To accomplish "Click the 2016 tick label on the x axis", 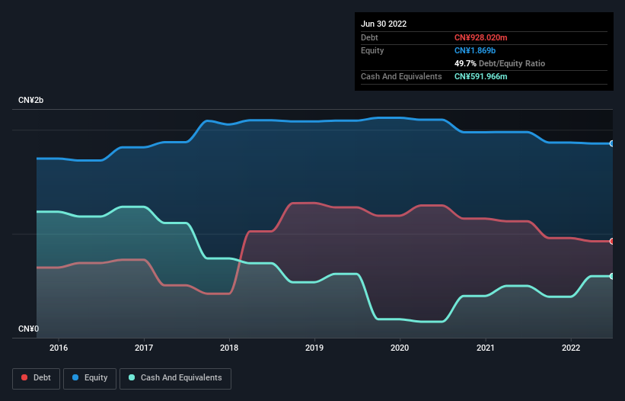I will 59,348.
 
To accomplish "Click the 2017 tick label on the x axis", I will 144,348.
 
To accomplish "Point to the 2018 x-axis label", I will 229,348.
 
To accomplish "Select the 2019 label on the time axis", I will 314,348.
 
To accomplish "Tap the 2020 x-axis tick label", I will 400,348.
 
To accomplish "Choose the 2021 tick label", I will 485,348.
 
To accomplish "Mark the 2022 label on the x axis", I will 570,348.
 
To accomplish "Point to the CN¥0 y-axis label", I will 29,329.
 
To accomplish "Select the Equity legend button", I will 91,378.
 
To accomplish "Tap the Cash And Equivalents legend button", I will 175,378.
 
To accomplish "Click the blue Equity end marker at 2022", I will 611,143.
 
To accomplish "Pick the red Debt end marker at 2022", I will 611,241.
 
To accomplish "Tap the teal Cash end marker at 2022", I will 611,276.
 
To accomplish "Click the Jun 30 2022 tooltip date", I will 384,24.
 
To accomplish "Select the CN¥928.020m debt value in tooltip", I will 480,37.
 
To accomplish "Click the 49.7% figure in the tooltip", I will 465,63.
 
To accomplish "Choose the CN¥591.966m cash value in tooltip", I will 480,76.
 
